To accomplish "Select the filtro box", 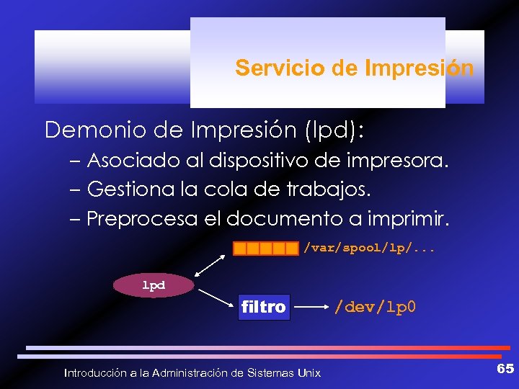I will [264, 308].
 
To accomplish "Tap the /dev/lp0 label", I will [374, 308].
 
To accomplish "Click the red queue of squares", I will [265, 249].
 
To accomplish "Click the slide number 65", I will [505, 370].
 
